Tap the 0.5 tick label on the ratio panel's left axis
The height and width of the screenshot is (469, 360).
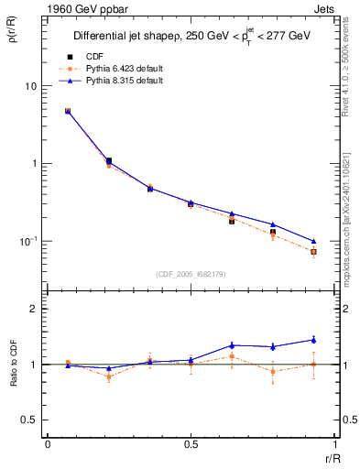(x=30, y=420)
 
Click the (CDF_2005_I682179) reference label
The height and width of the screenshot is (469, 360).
(x=191, y=272)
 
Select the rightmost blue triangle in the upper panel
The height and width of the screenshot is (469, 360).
(x=313, y=241)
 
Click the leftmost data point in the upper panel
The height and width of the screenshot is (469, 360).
(x=68, y=111)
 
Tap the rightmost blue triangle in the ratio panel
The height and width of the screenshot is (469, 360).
(x=313, y=340)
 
